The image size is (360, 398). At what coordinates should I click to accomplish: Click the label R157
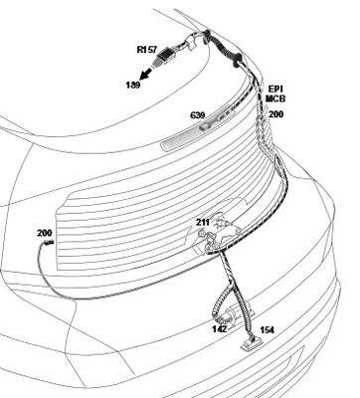tap(146, 50)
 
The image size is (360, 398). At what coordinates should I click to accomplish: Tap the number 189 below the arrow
tap(132, 85)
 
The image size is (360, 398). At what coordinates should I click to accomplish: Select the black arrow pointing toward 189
tap(147, 73)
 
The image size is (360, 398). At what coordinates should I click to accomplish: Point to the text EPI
tap(275, 90)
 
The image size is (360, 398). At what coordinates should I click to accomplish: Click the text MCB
tap(275, 99)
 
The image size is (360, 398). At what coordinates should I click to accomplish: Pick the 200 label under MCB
tap(275, 114)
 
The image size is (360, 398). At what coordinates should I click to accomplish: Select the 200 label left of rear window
tap(45, 233)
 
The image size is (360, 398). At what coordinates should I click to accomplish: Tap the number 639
tap(198, 115)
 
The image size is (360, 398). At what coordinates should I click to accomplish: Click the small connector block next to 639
tap(206, 126)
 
